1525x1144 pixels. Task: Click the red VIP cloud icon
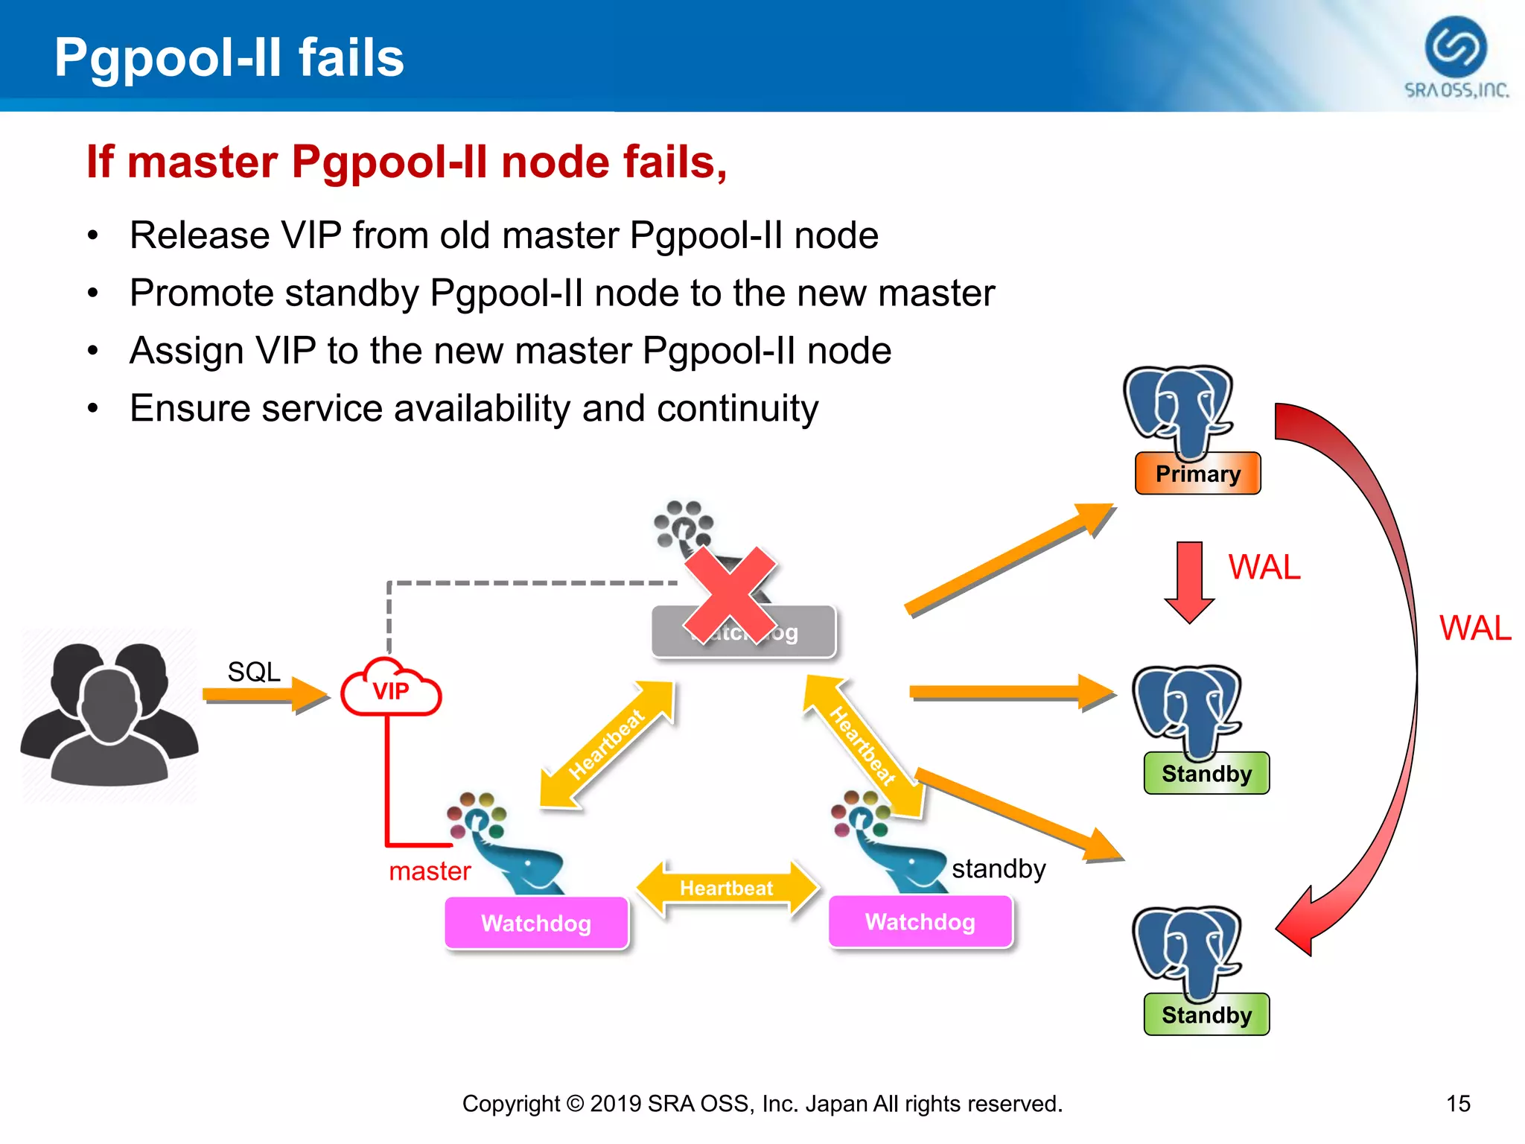coord(391,689)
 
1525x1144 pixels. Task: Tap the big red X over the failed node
coord(730,595)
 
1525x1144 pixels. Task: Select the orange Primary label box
coord(1197,474)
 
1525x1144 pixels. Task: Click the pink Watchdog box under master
coord(536,924)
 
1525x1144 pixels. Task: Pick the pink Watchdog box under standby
coord(920,922)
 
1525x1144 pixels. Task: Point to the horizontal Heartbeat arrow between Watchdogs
coord(727,888)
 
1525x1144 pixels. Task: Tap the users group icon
coord(109,715)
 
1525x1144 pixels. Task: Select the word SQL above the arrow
coord(254,672)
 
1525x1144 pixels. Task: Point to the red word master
coord(430,871)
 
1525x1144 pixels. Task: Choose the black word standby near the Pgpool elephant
coord(999,868)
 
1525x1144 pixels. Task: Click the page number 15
coord(1458,1103)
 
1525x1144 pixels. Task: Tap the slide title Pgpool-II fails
coord(229,57)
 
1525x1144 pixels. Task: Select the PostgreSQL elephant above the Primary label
coord(1179,410)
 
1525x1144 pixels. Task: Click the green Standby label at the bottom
coord(1206,1015)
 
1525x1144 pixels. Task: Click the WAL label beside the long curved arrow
coord(1474,629)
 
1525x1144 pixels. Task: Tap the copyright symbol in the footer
coord(575,1103)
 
